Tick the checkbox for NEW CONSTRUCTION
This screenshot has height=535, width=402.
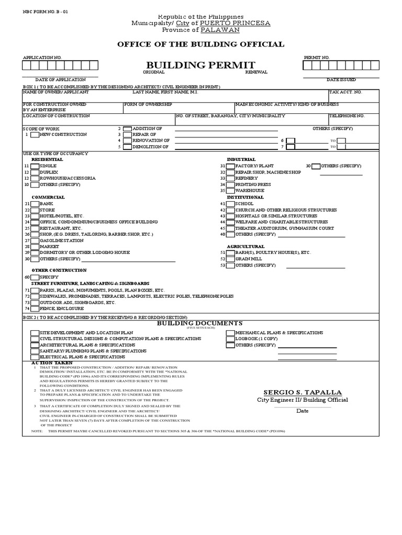pos(35,135)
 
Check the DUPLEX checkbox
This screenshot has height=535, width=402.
pos(35,172)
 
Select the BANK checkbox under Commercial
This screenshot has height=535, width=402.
pos(35,204)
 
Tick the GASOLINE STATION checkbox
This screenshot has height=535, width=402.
pos(35,240)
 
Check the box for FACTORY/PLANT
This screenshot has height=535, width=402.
pos(230,166)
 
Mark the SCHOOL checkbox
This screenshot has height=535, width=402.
pos(230,204)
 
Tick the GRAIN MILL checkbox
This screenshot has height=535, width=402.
pos(230,259)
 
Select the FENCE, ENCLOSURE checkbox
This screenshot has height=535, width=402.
pos(35,309)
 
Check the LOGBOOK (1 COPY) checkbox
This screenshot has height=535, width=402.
pos(230,339)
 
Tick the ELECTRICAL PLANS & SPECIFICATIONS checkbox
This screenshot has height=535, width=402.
pos(35,357)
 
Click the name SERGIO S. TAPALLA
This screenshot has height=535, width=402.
pos(303,392)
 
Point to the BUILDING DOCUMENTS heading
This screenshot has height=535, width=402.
pos(200,323)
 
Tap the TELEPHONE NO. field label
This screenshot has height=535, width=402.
pos(347,115)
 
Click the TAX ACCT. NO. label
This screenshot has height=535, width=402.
pos(345,92)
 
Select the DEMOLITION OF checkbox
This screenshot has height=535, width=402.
pos(127,147)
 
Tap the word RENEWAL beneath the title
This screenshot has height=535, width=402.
pos(256,72)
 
